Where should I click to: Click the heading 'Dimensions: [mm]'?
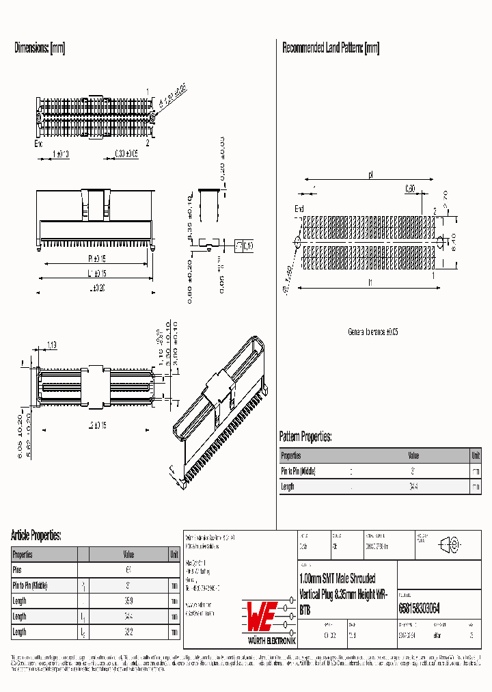[40, 49]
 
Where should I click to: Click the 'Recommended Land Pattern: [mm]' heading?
[331, 49]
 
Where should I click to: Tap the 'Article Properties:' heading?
[36, 535]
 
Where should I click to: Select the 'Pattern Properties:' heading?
[305, 436]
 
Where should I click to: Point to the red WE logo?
[262, 617]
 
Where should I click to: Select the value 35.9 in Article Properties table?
[128, 601]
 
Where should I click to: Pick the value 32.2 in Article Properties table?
[128, 633]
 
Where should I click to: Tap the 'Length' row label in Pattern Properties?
[288, 486]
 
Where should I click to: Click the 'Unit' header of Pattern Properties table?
[476, 455]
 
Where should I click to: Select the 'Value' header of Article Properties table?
[128, 555]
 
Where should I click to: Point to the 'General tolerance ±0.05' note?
[372, 332]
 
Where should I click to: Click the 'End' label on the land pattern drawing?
[299, 209]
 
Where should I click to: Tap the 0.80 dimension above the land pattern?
[409, 188]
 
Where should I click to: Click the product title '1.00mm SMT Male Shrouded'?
[337, 578]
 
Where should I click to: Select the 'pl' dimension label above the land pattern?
[370, 175]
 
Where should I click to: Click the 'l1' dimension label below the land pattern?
[369, 282]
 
